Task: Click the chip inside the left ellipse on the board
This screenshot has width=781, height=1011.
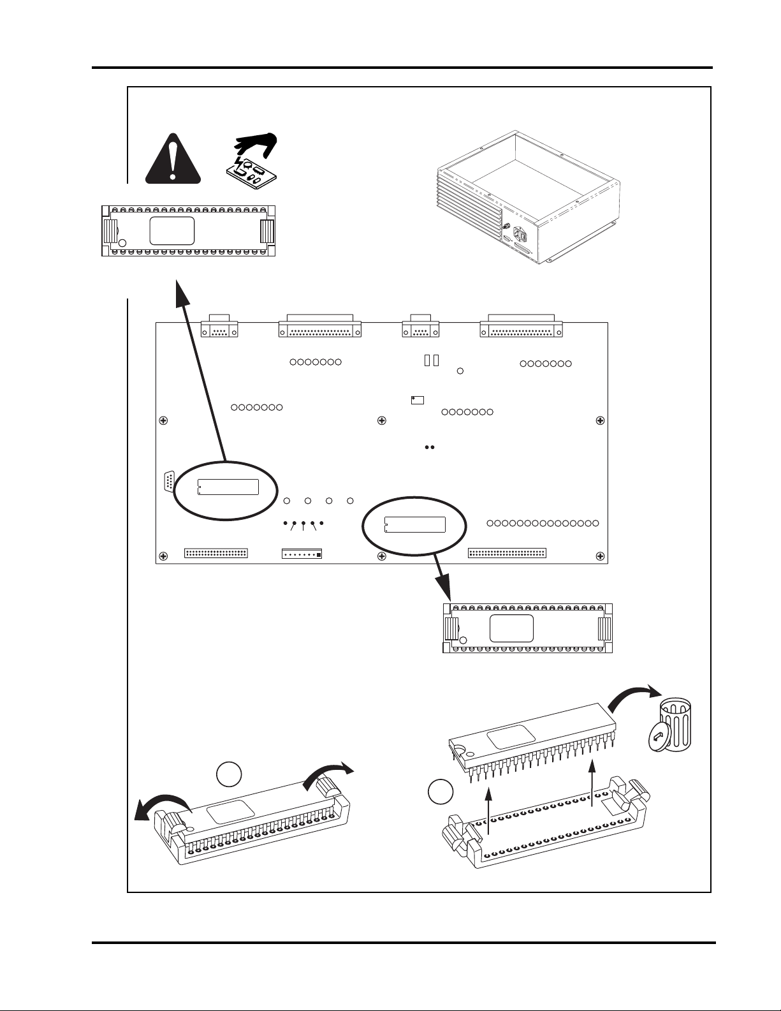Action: [x=228, y=486]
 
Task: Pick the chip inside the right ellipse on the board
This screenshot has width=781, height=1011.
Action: [x=415, y=524]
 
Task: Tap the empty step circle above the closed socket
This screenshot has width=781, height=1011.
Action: [x=229, y=774]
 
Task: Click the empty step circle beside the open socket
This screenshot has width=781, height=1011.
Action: [x=440, y=792]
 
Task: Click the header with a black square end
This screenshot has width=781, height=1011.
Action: [x=302, y=554]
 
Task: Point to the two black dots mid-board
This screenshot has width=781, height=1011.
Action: [x=429, y=448]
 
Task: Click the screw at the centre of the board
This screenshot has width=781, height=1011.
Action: [x=381, y=420]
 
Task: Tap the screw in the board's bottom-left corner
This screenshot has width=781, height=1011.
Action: [x=163, y=556]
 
